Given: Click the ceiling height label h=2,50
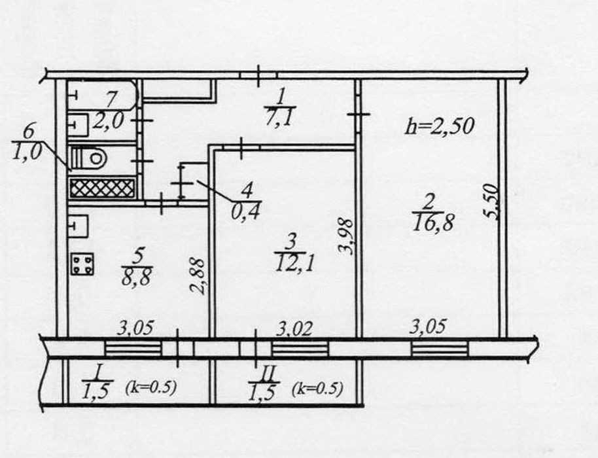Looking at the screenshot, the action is click(x=440, y=126).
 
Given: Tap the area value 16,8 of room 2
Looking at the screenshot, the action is click(x=433, y=222).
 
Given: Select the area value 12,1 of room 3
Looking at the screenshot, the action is click(x=294, y=263).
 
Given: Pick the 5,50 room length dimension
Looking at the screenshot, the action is click(x=492, y=202).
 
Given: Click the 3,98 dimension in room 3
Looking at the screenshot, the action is click(x=347, y=236).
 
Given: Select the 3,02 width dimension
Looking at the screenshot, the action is click(x=294, y=328).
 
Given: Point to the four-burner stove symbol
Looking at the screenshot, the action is click(x=82, y=264).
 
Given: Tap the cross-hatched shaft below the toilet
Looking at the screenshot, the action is click(x=102, y=188).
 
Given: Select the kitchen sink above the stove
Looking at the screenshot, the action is click(x=79, y=226).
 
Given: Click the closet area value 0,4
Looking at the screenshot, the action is click(x=245, y=211).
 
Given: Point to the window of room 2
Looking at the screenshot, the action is click(x=440, y=349).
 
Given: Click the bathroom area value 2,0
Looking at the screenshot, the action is click(x=109, y=121).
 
